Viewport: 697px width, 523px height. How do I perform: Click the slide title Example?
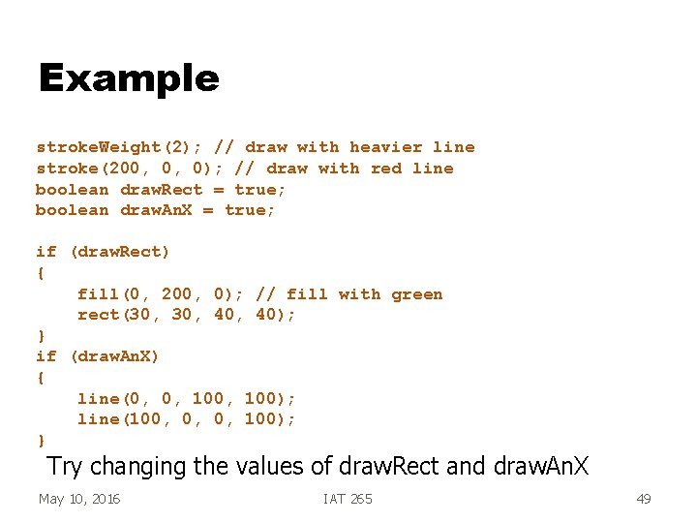coord(129,78)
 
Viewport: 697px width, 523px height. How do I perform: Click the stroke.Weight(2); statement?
coord(119,147)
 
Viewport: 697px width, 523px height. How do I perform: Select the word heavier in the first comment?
coord(386,147)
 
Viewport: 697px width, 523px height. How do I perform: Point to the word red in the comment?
coord(385,169)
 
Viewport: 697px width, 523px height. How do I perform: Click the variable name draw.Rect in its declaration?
coord(162,190)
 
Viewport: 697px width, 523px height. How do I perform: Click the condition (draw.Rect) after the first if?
coord(120,253)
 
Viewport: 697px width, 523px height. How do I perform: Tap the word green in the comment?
coord(417,294)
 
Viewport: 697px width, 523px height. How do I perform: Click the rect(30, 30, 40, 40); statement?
coord(187,315)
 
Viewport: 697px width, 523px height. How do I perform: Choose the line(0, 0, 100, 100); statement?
coord(187,399)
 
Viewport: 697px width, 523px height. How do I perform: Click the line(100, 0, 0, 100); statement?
coord(187,419)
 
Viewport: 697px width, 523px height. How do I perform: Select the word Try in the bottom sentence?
coord(65,466)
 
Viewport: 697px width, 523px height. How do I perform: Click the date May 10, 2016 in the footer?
coord(79,499)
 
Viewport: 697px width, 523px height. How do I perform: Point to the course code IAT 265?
coord(348,499)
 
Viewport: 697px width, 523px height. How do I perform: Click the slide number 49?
coord(643,499)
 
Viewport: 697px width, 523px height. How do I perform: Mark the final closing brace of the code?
coord(41,440)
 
